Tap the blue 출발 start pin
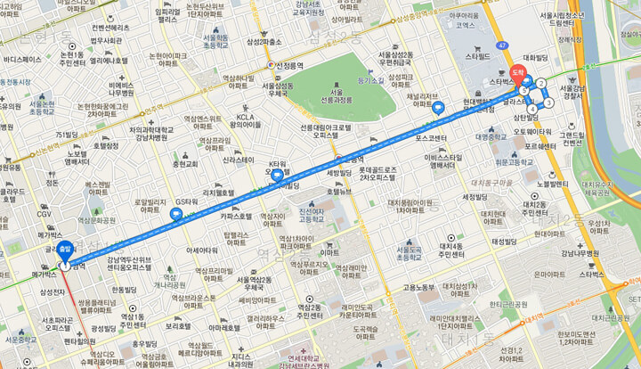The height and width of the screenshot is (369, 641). click(64, 250)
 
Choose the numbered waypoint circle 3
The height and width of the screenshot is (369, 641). click(549, 102)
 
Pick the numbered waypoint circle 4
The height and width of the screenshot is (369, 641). click(531, 110)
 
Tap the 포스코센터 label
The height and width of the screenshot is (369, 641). click(431, 139)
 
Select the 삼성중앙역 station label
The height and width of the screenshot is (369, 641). click(418, 16)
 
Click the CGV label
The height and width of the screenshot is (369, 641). click(44, 214)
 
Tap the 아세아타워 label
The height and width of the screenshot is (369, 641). click(202, 250)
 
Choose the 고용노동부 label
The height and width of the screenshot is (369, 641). click(418, 287)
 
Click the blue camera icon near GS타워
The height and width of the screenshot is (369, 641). click(176, 213)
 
